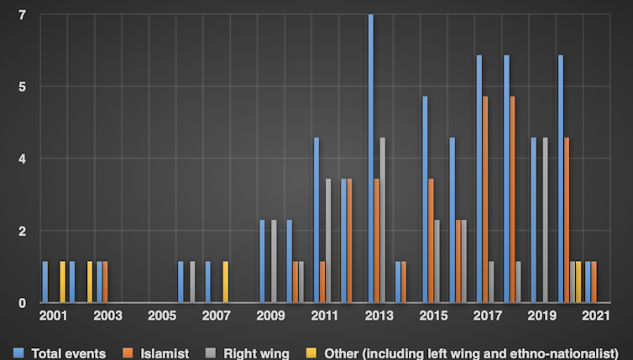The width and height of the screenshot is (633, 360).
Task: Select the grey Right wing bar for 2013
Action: coord(383,220)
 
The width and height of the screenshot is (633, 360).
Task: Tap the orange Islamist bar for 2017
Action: coord(485,200)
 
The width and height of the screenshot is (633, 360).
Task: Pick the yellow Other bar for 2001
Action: coord(62,282)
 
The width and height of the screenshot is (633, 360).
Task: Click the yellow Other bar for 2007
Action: coord(225,282)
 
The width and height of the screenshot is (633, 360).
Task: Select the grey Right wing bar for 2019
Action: coord(546,220)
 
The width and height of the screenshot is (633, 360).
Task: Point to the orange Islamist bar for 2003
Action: coord(105,282)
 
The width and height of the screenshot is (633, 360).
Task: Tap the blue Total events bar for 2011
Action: coord(316,220)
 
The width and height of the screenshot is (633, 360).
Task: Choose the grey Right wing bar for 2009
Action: coord(274,261)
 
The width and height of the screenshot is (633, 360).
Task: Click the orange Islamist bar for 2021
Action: coord(594,282)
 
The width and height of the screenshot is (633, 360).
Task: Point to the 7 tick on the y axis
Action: coord(22,15)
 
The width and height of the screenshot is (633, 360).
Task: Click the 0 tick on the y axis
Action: coord(22,302)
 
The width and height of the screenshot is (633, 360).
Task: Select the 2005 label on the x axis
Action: coord(162,316)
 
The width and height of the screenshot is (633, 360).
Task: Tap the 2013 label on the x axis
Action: coord(379,316)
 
